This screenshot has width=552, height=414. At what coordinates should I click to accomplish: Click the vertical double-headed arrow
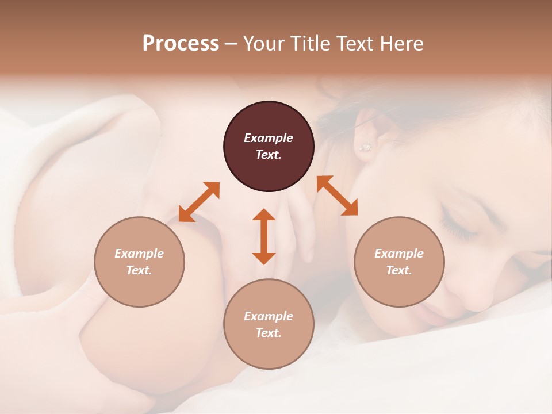[264, 236]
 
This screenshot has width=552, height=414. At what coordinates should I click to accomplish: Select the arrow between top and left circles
[199, 202]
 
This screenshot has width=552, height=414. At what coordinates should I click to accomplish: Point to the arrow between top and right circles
[337, 195]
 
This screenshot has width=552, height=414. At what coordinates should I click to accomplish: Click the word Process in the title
[181, 44]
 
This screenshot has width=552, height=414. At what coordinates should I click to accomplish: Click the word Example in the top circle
[269, 138]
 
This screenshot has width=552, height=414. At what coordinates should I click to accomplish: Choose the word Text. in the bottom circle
[269, 333]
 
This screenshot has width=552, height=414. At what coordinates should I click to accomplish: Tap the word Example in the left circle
[139, 254]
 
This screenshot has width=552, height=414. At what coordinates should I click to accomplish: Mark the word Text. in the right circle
[399, 270]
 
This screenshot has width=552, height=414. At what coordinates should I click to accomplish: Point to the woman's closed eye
[460, 230]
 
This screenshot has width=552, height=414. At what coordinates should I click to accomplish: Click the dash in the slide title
[231, 44]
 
